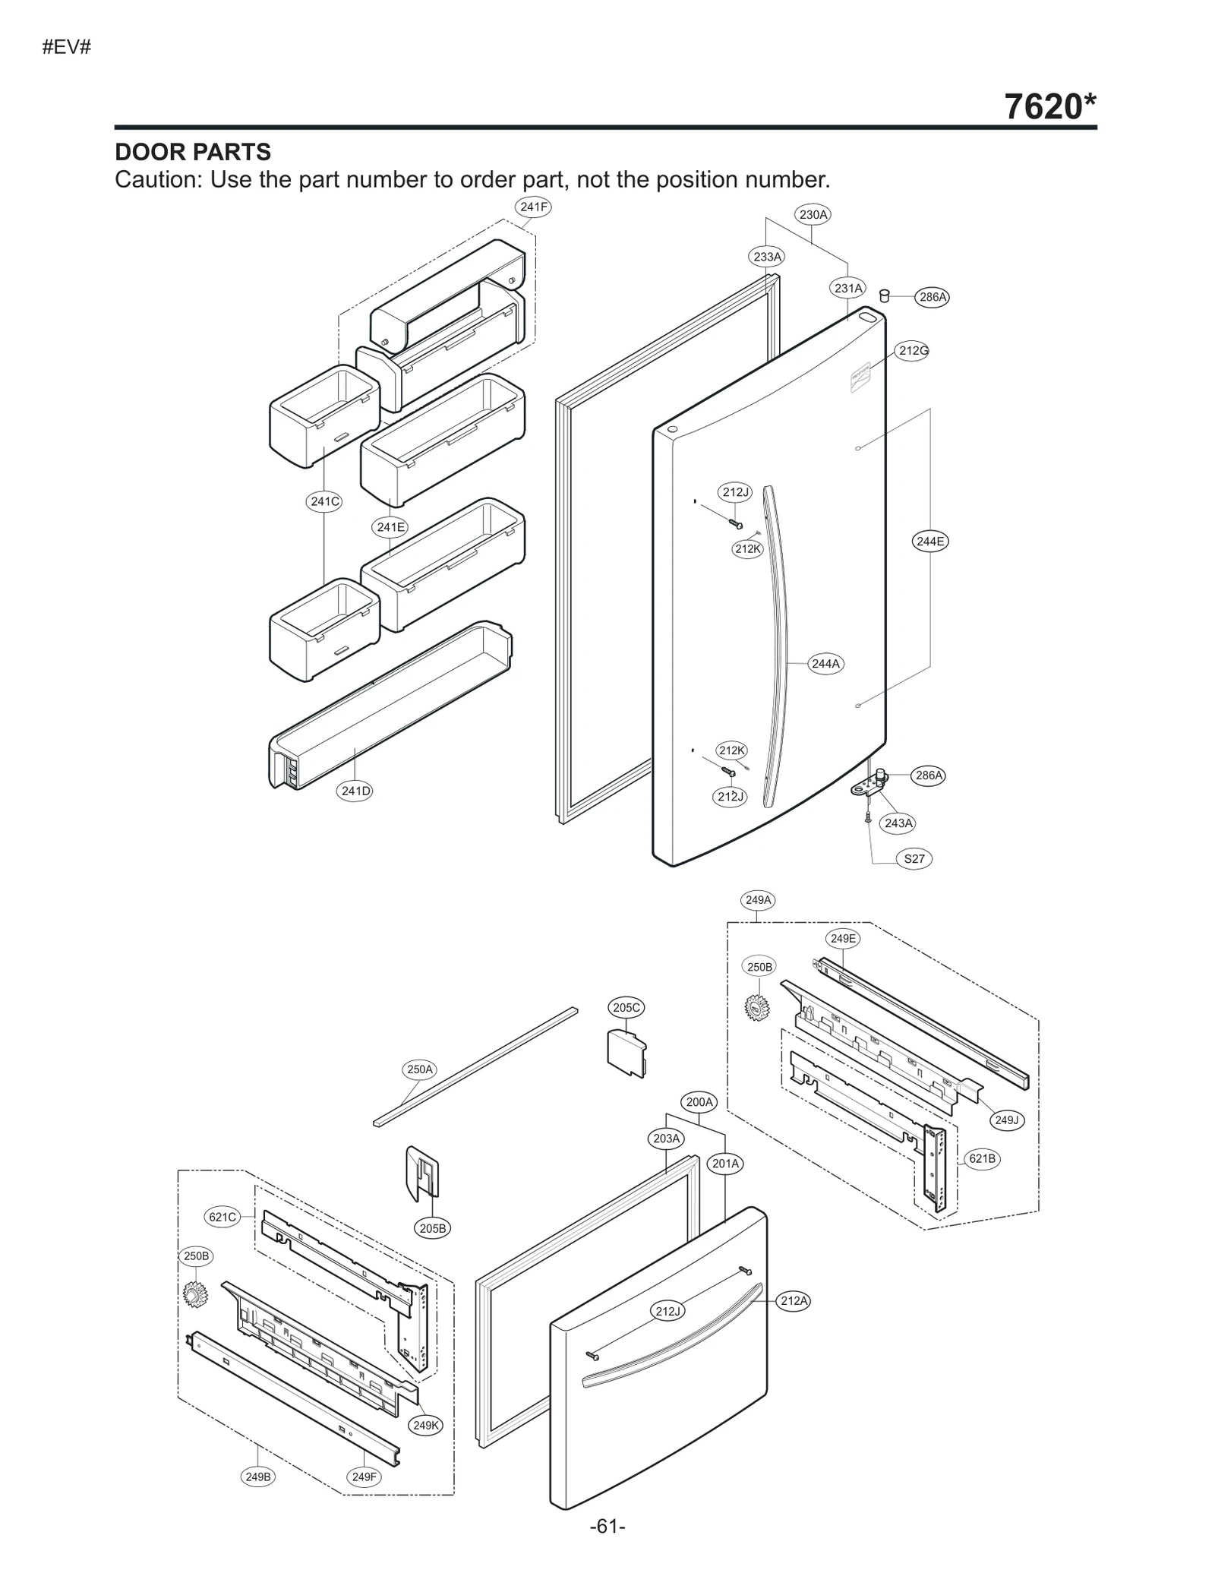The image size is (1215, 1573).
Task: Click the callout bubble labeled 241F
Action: tap(533, 207)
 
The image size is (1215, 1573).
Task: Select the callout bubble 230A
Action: tap(813, 215)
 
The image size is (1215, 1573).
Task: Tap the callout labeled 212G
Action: tap(913, 351)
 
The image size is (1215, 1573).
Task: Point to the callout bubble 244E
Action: tap(930, 542)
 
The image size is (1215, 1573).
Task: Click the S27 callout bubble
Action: tap(914, 859)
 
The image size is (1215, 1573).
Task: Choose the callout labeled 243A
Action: tap(899, 823)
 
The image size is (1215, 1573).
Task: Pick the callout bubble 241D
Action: tap(355, 791)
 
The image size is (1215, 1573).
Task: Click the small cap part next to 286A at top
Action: tap(884, 295)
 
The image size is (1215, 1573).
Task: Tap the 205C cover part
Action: tap(626, 1052)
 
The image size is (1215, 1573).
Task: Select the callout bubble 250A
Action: tap(419, 1070)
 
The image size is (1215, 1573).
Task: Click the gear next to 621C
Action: tap(195, 1294)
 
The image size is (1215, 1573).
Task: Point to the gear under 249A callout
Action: tap(757, 1008)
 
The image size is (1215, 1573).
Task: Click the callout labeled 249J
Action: tap(1006, 1120)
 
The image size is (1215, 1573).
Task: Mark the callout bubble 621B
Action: tap(982, 1159)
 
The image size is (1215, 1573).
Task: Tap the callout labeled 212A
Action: tap(794, 1301)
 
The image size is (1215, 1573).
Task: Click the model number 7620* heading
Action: tap(1049, 106)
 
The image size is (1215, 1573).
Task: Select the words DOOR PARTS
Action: tap(193, 152)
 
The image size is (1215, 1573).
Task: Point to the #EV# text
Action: tap(66, 47)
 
